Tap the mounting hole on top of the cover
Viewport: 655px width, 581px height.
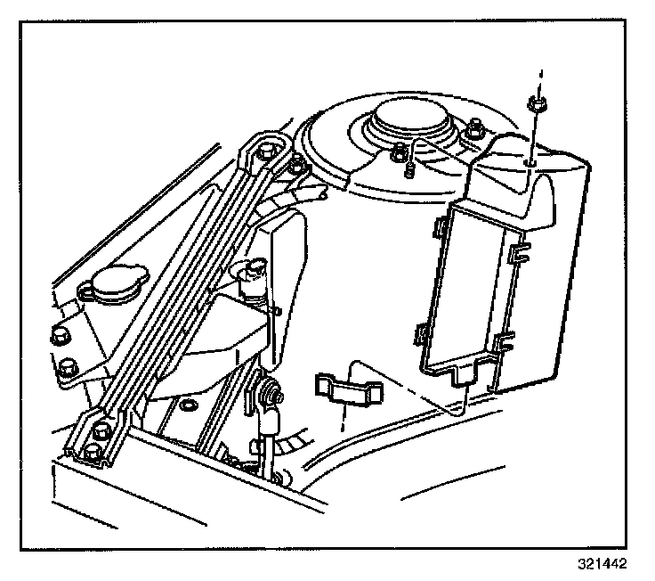(x=531, y=163)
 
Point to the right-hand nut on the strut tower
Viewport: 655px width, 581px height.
(x=475, y=129)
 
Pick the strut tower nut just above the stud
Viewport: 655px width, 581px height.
(x=400, y=152)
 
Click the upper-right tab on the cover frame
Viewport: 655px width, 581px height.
(x=513, y=255)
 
